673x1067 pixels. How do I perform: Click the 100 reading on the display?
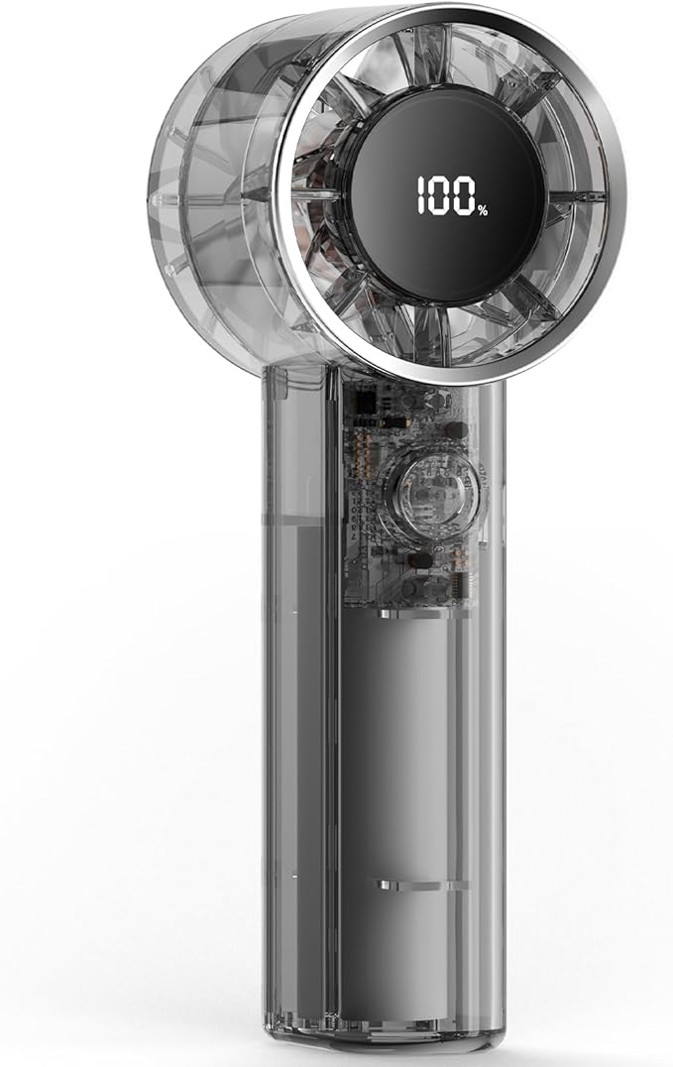click(x=446, y=195)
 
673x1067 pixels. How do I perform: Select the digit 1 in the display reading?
click(x=421, y=195)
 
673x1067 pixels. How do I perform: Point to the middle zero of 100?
click(x=441, y=195)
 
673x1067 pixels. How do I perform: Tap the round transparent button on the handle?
click(x=433, y=494)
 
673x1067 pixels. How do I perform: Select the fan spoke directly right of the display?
click(x=576, y=197)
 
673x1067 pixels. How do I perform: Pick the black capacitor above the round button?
click(x=456, y=430)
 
